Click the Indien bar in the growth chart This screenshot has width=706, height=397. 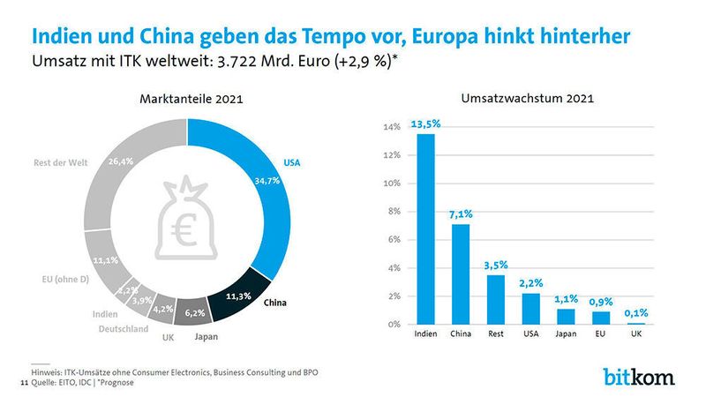426,229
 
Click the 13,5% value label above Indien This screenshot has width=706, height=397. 426,124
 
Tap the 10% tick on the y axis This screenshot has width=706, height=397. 392,184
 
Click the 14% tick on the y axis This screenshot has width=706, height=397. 392,127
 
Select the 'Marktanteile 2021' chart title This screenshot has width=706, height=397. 191,99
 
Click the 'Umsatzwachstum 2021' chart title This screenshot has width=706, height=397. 527,99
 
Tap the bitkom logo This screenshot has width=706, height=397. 638,376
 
